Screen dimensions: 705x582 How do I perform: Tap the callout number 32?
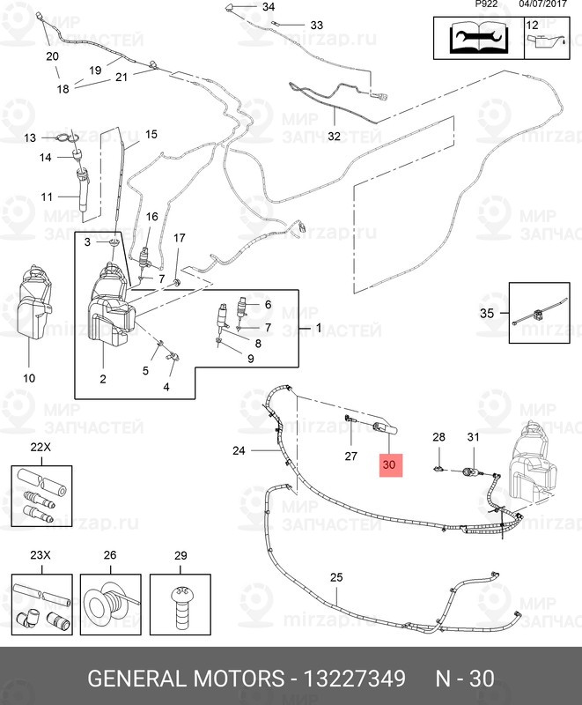click(334, 136)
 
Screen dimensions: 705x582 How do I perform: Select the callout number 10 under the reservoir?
click(29, 378)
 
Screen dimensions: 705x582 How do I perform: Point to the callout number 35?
click(487, 313)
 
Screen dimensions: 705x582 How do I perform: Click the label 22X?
click(41, 448)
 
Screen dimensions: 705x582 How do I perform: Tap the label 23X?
click(41, 556)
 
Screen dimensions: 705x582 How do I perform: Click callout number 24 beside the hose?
click(239, 451)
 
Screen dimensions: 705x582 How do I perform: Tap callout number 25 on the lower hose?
click(336, 577)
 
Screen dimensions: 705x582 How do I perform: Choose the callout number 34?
click(269, 7)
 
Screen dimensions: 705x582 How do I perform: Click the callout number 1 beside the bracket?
click(319, 327)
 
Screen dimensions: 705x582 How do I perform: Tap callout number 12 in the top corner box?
click(532, 25)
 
